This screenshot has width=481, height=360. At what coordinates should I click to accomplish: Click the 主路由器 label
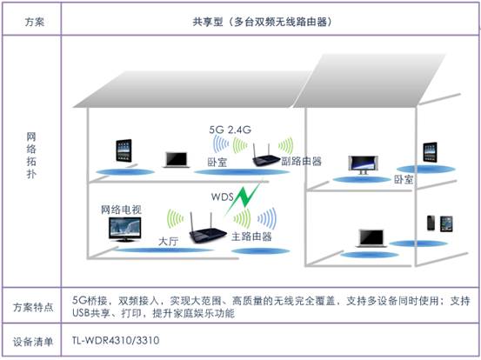point(251,237)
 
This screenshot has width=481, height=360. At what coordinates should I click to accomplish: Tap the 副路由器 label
point(302,161)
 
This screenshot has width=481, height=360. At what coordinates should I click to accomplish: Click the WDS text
point(222,197)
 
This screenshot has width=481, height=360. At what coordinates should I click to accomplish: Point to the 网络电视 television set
point(125,229)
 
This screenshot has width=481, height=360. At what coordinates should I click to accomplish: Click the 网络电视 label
point(122,210)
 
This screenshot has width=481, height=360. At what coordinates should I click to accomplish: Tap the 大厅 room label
point(168,242)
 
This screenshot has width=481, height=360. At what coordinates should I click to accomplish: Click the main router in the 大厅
point(206,229)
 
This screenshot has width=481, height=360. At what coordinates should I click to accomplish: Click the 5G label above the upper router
point(217,130)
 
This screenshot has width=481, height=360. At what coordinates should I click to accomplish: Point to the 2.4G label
point(239,130)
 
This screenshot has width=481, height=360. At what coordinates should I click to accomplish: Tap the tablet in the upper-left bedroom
point(124,150)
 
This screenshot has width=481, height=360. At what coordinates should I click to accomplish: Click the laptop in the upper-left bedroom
point(177,160)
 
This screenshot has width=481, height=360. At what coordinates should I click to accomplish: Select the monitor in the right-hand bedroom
point(363,165)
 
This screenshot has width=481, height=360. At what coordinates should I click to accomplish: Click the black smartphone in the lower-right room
point(431,223)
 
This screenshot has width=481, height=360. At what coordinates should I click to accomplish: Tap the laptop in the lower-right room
point(371,238)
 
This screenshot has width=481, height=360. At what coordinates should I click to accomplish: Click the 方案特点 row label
point(33,307)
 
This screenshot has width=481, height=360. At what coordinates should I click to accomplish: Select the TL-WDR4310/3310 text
point(116,340)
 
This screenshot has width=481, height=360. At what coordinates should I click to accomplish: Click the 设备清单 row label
point(33,341)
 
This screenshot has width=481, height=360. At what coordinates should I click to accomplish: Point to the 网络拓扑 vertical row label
point(31,155)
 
